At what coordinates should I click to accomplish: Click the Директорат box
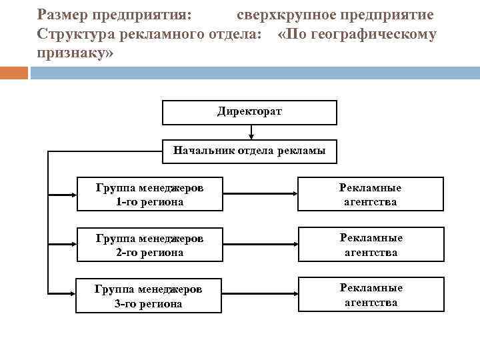point(249,112)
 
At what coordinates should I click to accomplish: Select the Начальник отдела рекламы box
point(249,151)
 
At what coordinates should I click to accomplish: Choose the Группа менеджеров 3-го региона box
point(149,295)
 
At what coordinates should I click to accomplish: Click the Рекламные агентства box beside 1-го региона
point(371,194)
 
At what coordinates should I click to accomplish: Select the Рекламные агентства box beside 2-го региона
point(371,245)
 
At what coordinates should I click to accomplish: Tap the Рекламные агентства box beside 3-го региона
point(371,295)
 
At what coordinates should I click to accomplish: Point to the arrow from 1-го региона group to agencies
point(260,195)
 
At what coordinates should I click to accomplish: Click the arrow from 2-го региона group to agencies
point(260,245)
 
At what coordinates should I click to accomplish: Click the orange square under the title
point(14,72)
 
